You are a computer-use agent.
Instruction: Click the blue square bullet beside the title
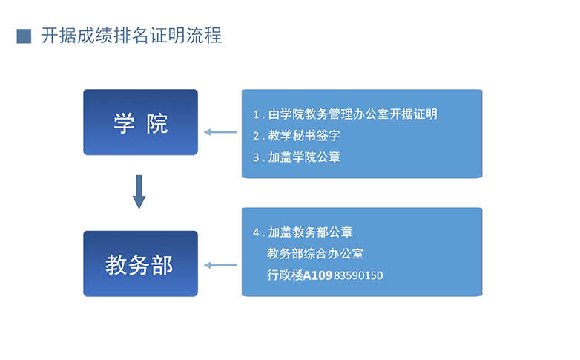(x=24, y=36)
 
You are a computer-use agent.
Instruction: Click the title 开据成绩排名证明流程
(x=131, y=36)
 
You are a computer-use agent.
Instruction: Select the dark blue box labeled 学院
(x=141, y=122)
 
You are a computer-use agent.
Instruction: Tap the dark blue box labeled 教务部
(x=141, y=264)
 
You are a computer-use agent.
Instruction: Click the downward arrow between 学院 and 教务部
(x=139, y=192)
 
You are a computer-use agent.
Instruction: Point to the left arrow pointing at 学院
(x=220, y=132)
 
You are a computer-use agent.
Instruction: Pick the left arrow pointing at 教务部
(x=220, y=265)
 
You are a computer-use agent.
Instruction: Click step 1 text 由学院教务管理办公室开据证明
(x=353, y=114)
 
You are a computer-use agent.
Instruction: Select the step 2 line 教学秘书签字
(x=304, y=136)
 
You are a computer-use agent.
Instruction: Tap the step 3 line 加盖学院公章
(x=304, y=157)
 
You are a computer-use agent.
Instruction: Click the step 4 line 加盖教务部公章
(x=310, y=232)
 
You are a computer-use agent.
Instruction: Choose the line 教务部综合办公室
(x=315, y=254)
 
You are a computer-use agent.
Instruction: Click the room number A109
(x=317, y=275)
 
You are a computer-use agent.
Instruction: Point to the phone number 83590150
(x=358, y=275)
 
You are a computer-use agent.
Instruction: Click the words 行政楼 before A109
(x=285, y=275)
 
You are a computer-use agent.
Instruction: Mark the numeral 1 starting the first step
(x=256, y=114)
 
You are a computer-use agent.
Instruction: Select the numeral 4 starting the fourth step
(x=256, y=232)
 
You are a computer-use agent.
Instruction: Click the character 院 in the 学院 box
(x=157, y=123)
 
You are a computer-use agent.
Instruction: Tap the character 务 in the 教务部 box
(x=139, y=265)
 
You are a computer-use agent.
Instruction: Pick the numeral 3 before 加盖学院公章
(x=256, y=157)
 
